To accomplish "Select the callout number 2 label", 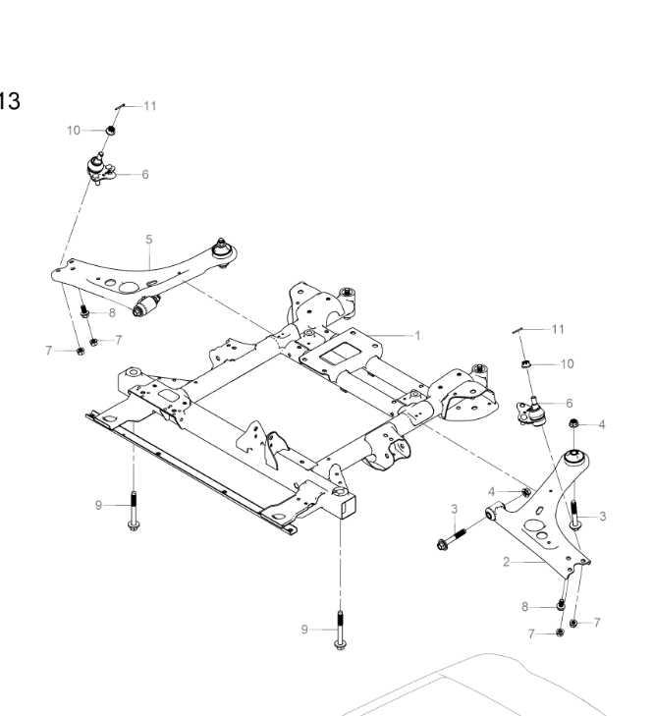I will click(506, 561).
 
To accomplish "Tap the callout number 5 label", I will click(149, 239).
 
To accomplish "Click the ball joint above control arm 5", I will click(99, 168).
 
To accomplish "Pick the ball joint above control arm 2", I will click(531, 411).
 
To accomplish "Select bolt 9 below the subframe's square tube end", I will click(340, 630).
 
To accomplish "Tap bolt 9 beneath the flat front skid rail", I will click(133, 512).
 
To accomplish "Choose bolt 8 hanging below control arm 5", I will click(84, 312).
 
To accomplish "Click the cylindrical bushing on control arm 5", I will click(149, 305).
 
